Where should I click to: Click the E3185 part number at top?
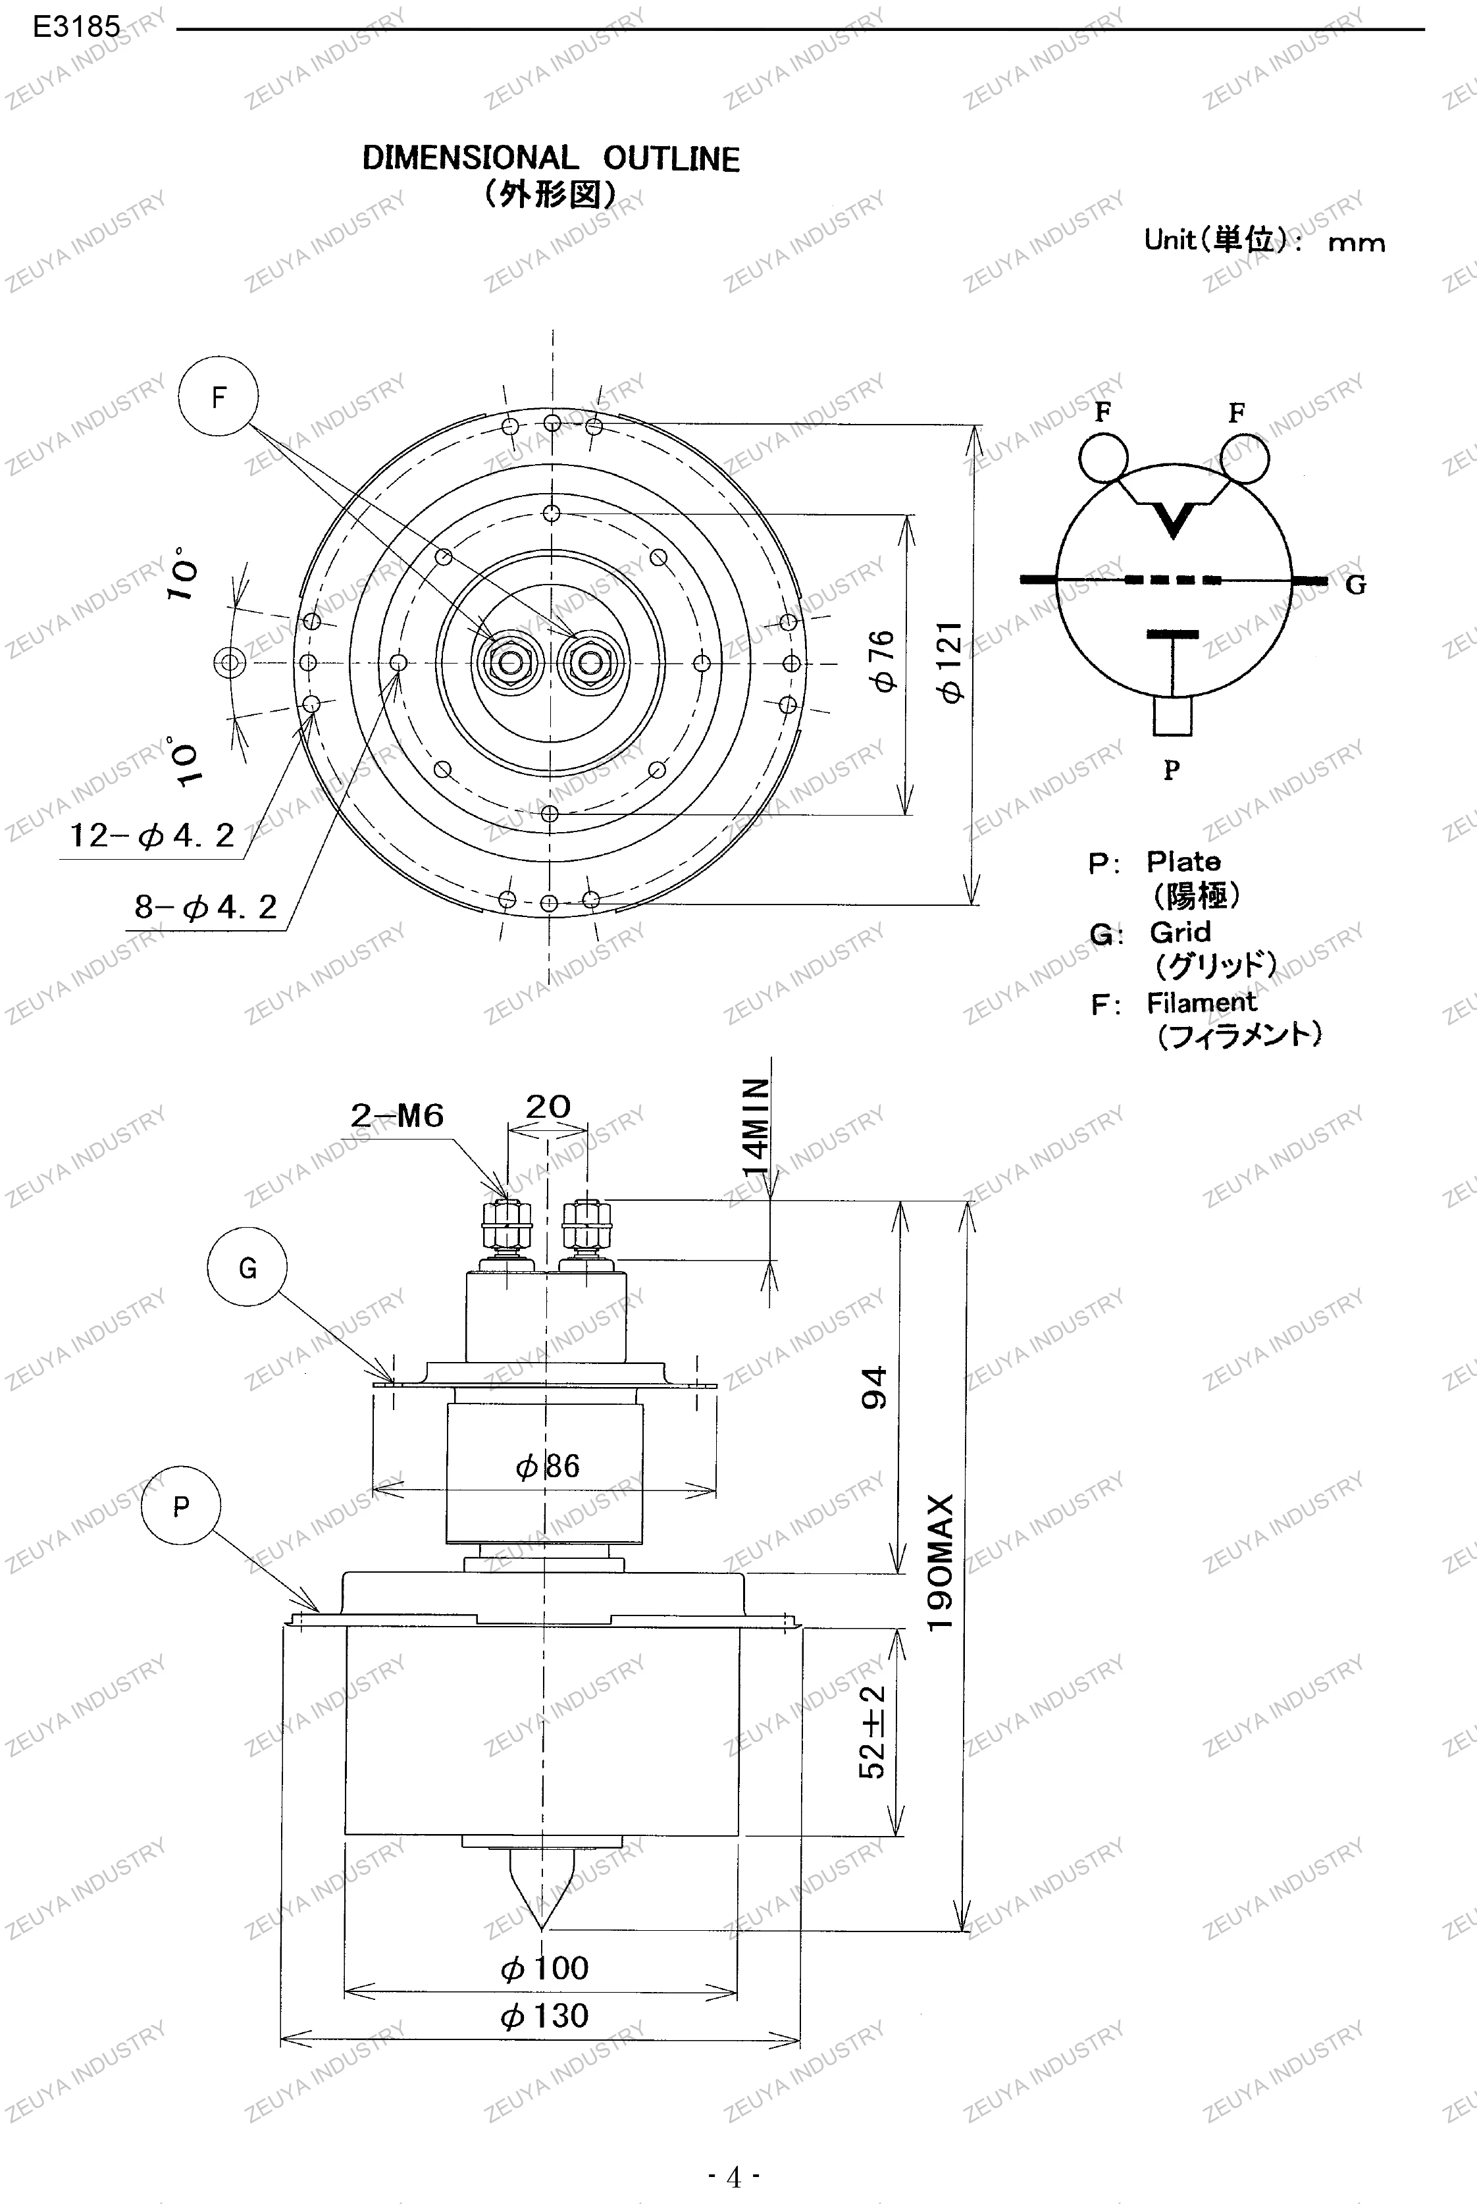(75, 27)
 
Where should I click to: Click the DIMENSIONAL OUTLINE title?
(551, 158)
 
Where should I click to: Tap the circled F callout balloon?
(219, 396)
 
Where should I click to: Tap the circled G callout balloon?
(247, 1268)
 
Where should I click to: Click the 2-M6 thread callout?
(397, 1115)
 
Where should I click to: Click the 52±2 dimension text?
(872, 1732)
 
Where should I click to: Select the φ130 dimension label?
(544, 2016)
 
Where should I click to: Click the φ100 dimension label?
(544, 1968)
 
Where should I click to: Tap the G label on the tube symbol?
(1355, 586)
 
